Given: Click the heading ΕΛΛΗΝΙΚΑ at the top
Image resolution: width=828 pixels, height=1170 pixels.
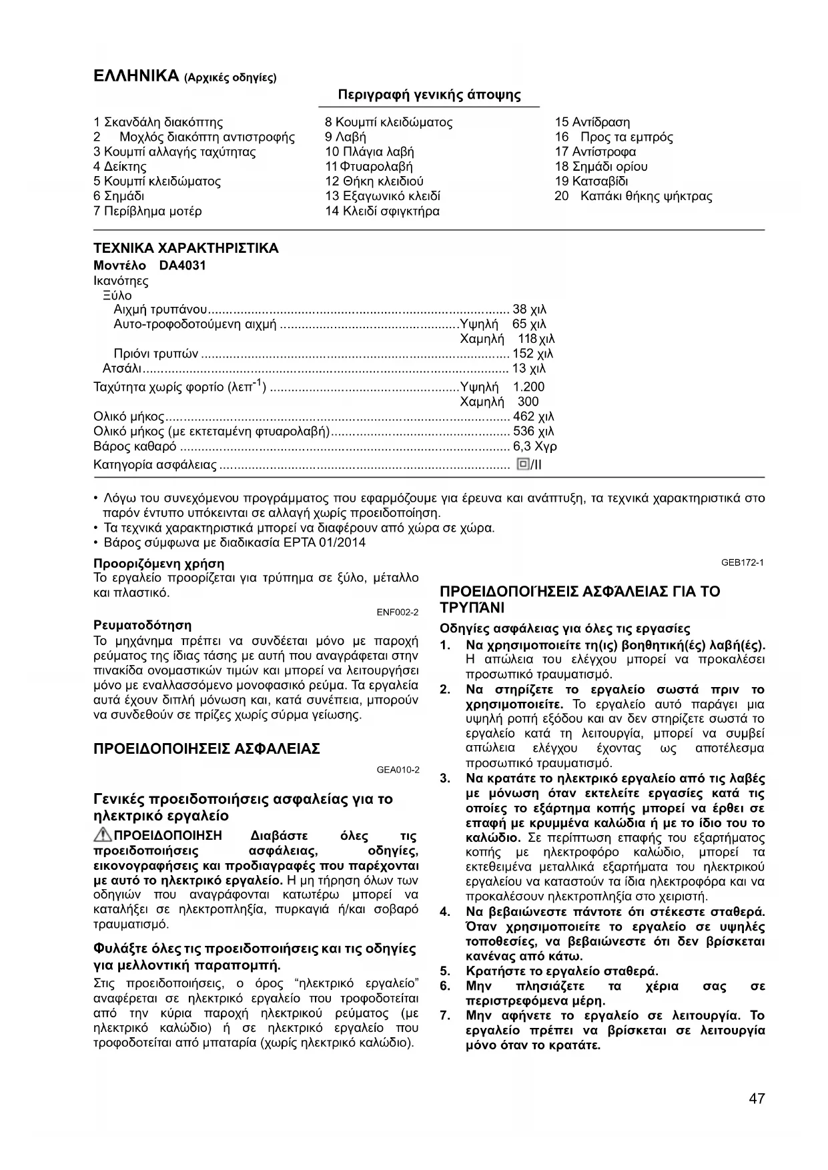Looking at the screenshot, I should (136, 75).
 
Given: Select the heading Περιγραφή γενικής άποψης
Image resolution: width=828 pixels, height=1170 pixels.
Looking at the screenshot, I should (429, 95).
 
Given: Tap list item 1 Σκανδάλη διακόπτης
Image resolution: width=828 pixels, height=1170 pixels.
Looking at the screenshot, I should (158, 122).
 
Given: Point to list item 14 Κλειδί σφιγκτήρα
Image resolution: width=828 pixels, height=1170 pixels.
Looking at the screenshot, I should (382, 211).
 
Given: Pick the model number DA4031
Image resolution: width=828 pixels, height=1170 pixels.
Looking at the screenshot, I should (182, 265).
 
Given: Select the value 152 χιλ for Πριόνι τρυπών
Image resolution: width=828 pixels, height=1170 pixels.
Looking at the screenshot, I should (532, 354).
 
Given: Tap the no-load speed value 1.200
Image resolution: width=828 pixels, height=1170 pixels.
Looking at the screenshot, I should (528, 387).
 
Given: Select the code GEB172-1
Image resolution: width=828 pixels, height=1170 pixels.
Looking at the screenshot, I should (742, 562).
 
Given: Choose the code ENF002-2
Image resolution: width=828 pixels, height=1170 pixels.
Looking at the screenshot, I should (398, 612).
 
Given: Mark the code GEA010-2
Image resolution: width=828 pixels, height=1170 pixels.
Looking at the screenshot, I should (398, 769).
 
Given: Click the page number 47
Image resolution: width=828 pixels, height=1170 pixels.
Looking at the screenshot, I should (757, 1099).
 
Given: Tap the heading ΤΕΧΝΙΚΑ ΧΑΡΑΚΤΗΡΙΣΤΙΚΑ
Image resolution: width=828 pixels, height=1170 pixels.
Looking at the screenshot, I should (185, 249).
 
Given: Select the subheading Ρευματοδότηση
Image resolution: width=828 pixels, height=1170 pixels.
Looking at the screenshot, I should (142, 626).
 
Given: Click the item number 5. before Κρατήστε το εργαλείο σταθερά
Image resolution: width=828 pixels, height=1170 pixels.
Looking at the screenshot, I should (445, 971).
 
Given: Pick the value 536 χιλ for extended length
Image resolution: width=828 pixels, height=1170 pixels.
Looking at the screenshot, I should (533, 432).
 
